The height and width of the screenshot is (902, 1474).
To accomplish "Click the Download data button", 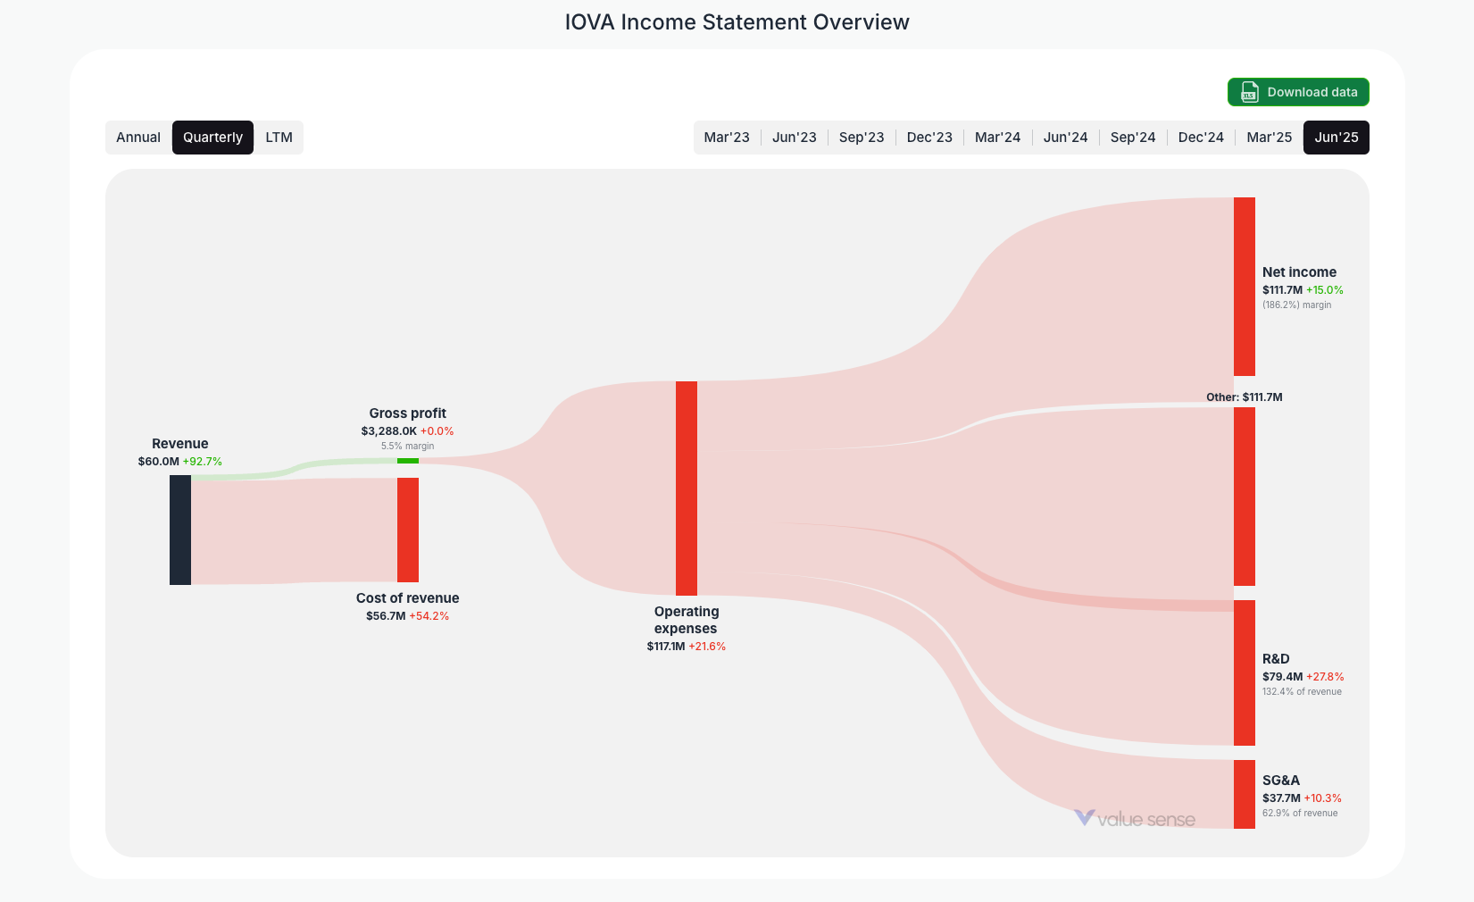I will click(1298, 92).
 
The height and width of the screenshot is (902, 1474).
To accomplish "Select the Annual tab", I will click(138, 138).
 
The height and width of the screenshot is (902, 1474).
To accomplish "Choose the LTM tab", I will click(279, 138).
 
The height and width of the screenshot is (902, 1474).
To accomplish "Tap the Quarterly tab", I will click(212, 138).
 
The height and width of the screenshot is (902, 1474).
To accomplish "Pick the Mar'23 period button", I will click(727, 138).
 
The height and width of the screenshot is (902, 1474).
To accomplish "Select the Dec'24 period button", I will click(1201, 138).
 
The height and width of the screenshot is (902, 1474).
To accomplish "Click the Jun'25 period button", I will click(1336, 138).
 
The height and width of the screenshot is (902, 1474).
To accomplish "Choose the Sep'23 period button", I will click(862, 138).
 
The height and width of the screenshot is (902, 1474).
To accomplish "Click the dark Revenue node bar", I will click(180, 530).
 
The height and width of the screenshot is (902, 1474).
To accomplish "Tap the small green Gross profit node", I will click(407, 461).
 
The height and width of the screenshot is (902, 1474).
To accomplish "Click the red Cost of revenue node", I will click(407, 530).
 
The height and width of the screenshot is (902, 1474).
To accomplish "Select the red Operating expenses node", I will click(686, 488).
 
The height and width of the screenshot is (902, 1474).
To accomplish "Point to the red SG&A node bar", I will click(1244, 794).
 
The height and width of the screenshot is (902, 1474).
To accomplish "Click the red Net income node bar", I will click(1244, 286).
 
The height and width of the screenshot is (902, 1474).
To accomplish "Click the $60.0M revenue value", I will click(158, 462).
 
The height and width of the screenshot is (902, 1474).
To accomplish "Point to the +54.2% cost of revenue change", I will click(429, 616).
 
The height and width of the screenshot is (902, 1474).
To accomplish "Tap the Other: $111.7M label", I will click(1244, 397).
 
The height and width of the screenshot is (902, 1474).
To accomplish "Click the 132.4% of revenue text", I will click(1302, 692).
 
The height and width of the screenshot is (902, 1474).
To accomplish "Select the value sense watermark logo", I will click(1135, 819).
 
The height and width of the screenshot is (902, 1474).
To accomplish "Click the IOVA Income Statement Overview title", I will click(737, 22).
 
